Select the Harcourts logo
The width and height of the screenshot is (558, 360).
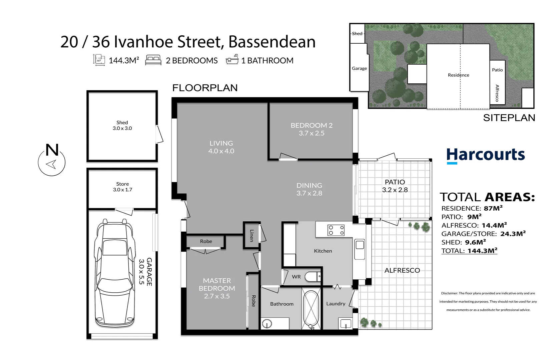[485, 155]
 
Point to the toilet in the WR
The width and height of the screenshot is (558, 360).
[313, 277]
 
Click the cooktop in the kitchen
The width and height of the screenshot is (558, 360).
[336, 230]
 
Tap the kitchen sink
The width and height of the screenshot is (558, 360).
[360, 249]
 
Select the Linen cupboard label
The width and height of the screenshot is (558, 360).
[252, 236]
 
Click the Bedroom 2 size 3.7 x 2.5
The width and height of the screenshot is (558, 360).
[312, 133]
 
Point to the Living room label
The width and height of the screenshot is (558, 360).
[221, 143]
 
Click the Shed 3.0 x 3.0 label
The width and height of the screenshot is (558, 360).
[122, 125]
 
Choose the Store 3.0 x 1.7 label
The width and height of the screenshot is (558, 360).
[122, 187]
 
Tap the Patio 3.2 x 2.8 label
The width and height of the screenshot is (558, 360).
[395, 186]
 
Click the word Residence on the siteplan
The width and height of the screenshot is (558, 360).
[458, 75]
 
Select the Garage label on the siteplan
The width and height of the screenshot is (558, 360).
[359, 68]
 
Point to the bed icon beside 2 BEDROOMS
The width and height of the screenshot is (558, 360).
[153, 60]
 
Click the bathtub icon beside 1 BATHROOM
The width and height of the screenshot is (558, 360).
[232, 60]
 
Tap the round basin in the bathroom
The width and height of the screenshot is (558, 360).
[267, 323]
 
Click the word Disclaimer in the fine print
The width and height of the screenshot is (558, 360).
[449, 293]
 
